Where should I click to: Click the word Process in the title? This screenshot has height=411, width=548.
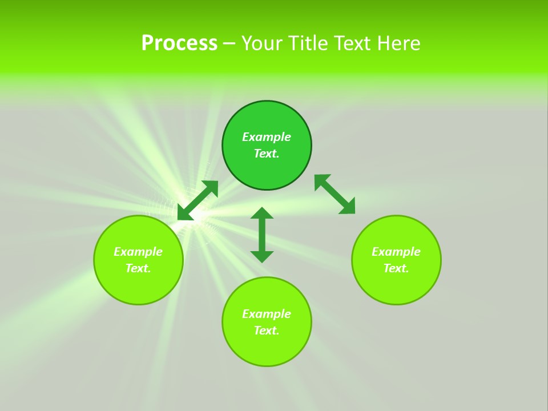[x=179, y=43]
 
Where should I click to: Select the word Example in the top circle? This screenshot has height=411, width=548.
[x=267, y=137]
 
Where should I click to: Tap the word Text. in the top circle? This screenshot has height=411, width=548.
[x=267, y=154]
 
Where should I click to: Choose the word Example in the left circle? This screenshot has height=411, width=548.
[x=138, y=252]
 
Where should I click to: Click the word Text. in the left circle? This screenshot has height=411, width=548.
[x=138, y=268]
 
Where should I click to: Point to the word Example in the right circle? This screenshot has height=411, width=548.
[x=396, y=252]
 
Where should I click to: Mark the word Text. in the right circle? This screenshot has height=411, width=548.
[x=396, y=268]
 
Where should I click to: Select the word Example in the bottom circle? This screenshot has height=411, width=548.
[x=267, y=314]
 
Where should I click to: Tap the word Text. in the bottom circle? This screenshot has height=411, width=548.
[x=267, y=331]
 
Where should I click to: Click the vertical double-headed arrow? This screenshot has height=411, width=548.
[x=262, y=235]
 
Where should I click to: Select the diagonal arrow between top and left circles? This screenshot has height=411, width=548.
[x=198, y=200]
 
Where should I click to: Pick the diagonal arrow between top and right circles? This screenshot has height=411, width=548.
[x=335, y=194]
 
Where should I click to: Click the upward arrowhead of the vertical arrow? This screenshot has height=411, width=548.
[x=262, y=213]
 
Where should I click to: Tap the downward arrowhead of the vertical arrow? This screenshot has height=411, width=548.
[x=262, y=257]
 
